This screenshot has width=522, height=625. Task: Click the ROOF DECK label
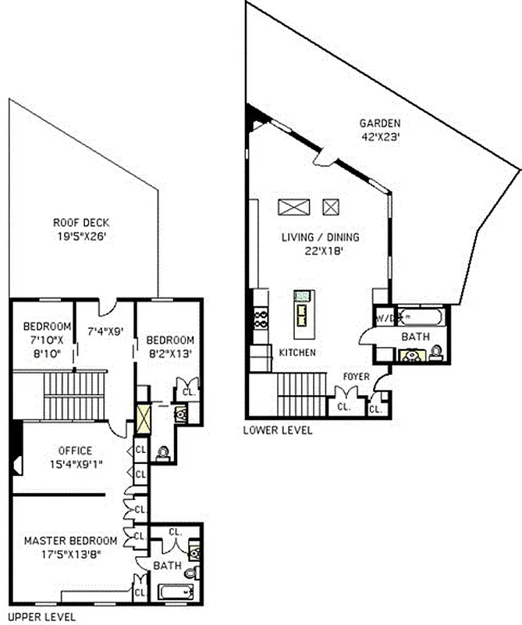click(x=81, y=222)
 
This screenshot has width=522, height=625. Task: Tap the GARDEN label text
click(x=380, y=123)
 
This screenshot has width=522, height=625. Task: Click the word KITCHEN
click(x=297, y=353)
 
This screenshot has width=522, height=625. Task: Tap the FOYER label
click(x=356, y=377)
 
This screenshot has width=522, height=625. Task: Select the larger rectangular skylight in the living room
click(x=294, y=207)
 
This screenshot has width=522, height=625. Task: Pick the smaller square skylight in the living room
click(x=332, y=207)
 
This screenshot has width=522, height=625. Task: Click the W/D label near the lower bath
click(x=386, y=318)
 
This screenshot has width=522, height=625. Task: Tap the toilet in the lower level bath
click(x=437, y=352)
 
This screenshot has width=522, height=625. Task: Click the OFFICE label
click(x=74, y=451)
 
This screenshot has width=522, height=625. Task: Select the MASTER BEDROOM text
click(x=70, y=541)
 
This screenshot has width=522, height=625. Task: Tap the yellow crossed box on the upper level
click(x=144, y=419)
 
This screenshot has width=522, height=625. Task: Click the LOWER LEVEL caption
click(x=277, y=430)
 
